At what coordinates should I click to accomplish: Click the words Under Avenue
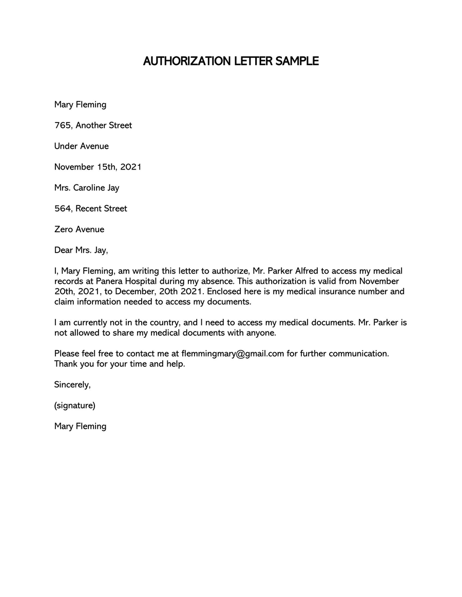(82, 147)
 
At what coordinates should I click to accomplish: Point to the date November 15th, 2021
(98, 167)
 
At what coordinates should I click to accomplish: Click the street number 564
(62, 209)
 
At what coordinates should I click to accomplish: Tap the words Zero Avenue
(79, 230)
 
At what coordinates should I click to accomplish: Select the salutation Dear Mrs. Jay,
(81, 251)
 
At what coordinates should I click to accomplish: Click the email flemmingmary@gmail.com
(233, 354)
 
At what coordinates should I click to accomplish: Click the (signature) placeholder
(75, 405)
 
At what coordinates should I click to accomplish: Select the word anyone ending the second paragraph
(262, 333)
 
